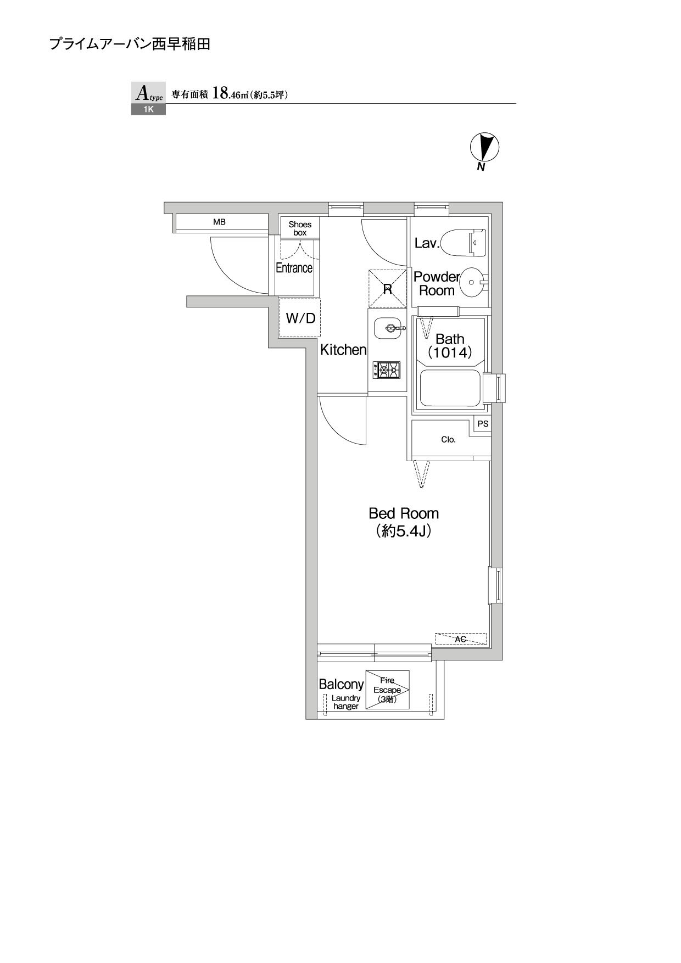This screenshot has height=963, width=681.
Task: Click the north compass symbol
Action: click(x=484, y=147)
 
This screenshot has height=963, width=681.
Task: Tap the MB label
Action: click(x=219, y=222)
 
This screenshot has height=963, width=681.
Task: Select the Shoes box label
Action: click(x=300, y=228)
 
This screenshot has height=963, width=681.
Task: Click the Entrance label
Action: click(x=294, y=268)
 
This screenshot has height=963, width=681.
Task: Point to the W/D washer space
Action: click(x=300, y=318)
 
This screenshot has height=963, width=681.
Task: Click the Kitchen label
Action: click(x=343, y=350)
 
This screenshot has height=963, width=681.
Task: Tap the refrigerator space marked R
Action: click(x=388, y=288)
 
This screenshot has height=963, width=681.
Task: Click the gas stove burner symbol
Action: click(x=387, y=371)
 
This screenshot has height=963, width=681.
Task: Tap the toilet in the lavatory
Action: click(x=465, y=243)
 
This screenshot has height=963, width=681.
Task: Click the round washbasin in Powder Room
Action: click(x=472, y=282)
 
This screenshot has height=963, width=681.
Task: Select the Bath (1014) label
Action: click(x=450, y=346)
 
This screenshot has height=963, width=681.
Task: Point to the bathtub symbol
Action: click(x=450, y=389)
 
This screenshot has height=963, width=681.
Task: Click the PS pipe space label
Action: click(x=483, y=424)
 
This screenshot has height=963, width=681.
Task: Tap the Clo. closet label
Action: click(x=448, y=440)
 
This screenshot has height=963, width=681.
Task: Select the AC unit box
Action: click(x=461, y=639)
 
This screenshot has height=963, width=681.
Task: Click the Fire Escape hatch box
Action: click(x=387, y=690)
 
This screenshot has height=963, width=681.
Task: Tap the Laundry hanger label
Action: click(x=346, y=702)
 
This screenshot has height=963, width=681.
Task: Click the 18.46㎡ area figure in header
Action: click(x=230, y=94)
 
